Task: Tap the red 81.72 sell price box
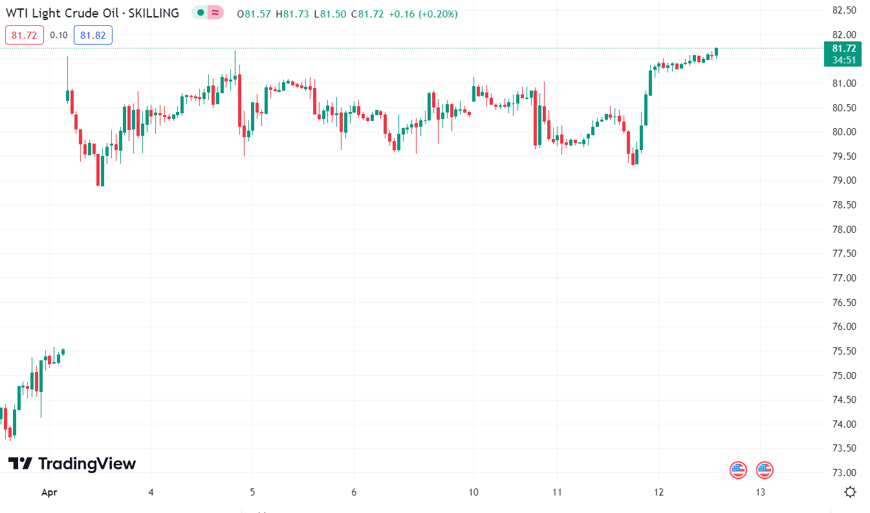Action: (25, 35)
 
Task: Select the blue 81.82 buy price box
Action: (93, 35)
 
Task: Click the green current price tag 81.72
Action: (844, 49)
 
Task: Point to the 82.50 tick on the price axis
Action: (844, 10)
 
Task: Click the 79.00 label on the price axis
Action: (844, 180)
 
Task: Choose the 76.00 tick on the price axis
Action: (844, 327)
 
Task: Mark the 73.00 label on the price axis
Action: (844, 473)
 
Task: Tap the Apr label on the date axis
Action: (49, 492)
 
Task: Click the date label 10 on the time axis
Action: (473, 492)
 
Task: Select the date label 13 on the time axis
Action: (761, 492)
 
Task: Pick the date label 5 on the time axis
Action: (253, 492)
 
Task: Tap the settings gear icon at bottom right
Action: (850, 492)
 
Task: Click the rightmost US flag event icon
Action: (765, 470)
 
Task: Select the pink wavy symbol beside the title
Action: (215, 13)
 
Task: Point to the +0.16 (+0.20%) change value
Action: (423, 14)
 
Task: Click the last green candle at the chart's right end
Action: (717, 52)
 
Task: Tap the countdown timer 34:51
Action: (844, 60)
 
